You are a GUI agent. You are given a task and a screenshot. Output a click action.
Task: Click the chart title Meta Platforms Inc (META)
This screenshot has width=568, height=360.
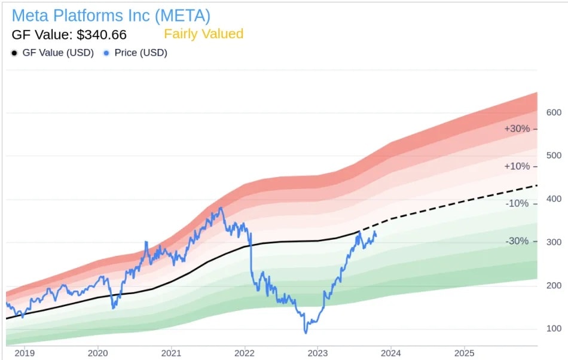pos(111,15)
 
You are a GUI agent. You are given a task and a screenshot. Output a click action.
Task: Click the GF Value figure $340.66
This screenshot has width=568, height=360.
pos(69,35)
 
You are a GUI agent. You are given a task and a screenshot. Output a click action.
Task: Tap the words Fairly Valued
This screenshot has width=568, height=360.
pos(204,34)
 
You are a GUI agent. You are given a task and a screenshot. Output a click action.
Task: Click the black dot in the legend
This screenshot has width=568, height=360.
pos(14,53)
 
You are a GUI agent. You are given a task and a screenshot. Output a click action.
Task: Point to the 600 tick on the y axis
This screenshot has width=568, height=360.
pos(554,112)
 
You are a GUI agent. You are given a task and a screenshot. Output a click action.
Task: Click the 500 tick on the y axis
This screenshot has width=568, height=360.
pos(554,155)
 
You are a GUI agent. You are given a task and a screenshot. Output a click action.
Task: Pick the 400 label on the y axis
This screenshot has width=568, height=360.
pos(554,199)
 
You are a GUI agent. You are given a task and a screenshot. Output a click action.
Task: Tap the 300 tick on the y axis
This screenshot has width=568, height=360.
pos(554,242)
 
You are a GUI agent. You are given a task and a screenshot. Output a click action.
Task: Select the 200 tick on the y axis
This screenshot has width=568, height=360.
pos(554,285)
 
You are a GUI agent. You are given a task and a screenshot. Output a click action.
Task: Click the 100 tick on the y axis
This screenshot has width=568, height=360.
pos(554,328)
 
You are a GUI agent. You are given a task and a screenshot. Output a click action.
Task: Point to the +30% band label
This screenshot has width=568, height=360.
pos(517,129)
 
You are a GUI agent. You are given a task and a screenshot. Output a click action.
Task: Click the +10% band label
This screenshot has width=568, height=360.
pos(517,166)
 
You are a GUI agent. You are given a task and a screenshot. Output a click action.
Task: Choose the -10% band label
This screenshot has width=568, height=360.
pos(518,203)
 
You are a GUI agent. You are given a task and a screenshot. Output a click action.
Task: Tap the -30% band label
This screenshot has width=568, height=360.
pos(518,241)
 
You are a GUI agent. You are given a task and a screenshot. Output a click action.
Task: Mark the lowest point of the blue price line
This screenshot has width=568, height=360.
pos(306,332)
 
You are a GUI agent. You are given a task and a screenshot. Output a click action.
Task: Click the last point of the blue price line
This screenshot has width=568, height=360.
pos(376,235)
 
